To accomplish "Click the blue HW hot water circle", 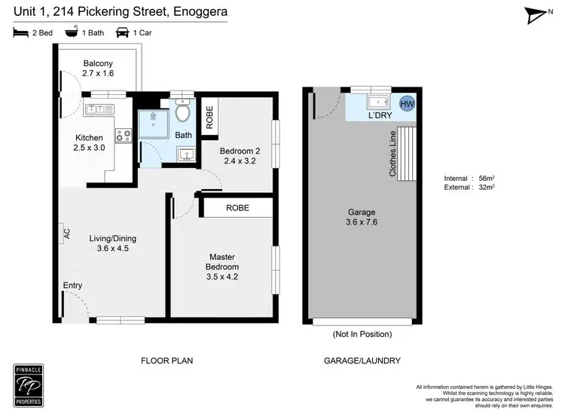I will tap(407, 104).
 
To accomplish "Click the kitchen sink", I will tap(100, 110).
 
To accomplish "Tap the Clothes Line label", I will tap(392, 154).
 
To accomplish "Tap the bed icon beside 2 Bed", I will tap(20, 32).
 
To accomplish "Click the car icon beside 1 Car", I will tap(121, 32).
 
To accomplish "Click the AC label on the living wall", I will tap(67, 234).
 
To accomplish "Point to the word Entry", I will tap(73, 285).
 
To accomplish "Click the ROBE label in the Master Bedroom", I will tap(237, 207).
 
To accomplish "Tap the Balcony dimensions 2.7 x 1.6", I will tap(97, 73).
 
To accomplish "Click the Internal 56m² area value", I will tap(486, 179).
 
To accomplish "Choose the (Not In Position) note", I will tap(361, 333).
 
